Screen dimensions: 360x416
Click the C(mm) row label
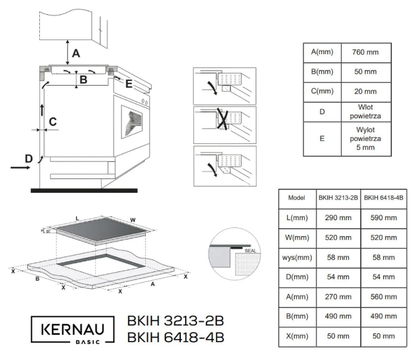tap(321, 91)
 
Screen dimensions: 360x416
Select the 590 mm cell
tap(383, 218)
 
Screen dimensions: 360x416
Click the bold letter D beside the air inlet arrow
tap(28, 158)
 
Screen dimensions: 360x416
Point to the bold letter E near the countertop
tap(129, 84)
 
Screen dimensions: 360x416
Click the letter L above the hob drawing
tap(77, 218)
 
